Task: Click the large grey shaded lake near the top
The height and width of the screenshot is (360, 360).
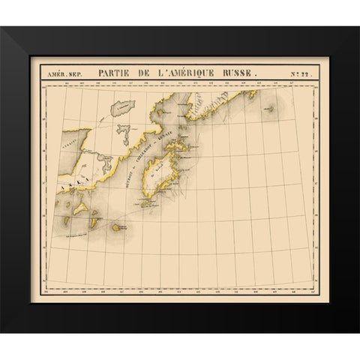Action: [x=122, y=107]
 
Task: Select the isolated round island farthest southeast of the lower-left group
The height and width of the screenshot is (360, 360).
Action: [x=118, y=226]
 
